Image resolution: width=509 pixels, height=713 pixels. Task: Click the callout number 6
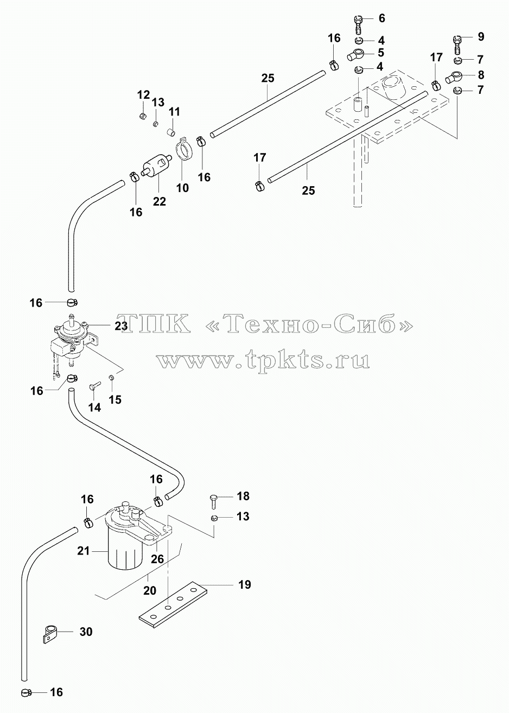[x=381, y=18]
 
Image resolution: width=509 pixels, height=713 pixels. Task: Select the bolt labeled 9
[x=457, y=45]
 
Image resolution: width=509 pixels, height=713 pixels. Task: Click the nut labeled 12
[x=143, y=116]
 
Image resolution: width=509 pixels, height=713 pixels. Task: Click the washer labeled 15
[x=111, y=378]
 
